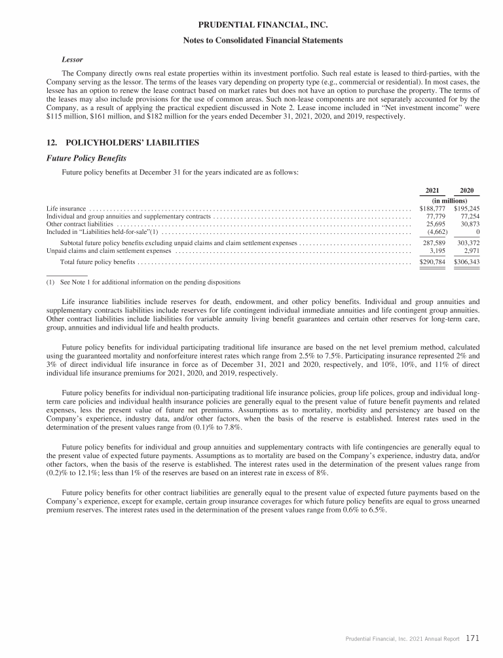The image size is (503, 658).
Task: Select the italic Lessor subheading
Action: [71, 59]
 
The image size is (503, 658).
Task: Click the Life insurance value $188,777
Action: [431, 208]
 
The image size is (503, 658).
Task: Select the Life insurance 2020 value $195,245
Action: [466, 208]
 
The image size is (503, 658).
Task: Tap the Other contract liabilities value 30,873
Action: [469, 223]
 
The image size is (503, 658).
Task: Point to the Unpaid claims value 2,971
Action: [470, 250]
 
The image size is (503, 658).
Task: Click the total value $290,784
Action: [431, 262]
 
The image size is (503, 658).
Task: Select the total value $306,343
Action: [466, 262]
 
